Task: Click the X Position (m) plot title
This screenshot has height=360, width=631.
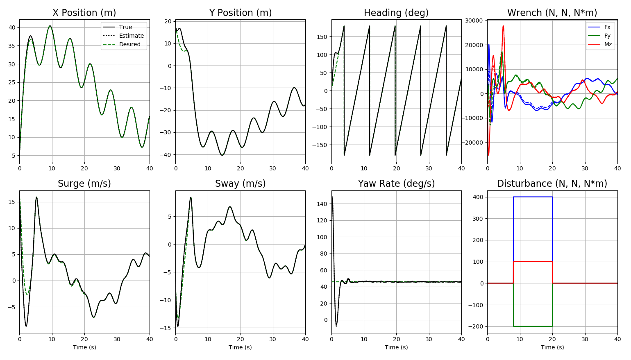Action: point(84,13)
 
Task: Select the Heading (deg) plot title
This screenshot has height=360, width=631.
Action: point(396,13)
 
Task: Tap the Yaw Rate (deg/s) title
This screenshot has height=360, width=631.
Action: point(396,183)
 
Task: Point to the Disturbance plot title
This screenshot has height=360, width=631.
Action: point(552,183)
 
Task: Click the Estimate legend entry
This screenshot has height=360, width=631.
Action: point(131,36)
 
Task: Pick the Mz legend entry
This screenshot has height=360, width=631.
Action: point(608,44)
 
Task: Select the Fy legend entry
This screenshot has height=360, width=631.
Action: point(607,36)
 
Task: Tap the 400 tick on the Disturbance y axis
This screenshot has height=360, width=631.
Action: point(478,197)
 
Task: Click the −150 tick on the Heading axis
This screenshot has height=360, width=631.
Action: point(320,145)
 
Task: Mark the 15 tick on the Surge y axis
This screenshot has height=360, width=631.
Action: point(12,202)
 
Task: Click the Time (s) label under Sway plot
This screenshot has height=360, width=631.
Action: point(240,347)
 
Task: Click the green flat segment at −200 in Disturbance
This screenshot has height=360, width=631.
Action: point(533,326)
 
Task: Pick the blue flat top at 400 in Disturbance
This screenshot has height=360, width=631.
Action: point(533,197)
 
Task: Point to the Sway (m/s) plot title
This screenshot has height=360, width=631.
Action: point(240,183)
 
